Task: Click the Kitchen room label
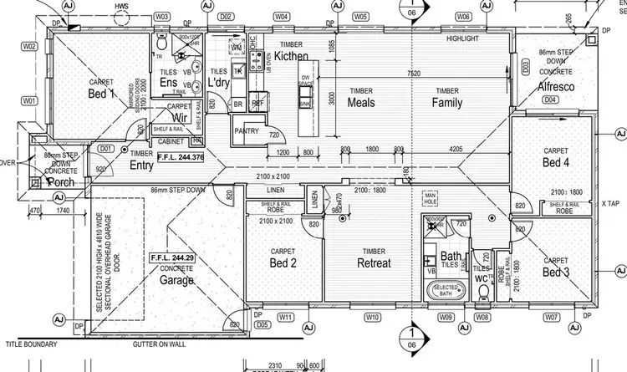[292, 56]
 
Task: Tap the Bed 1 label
[100, 94]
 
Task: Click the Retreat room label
[373, 262]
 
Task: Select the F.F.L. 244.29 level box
[171, 259]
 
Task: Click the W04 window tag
[282, 16]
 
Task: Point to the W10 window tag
[372, 318]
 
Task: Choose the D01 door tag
[105, 148]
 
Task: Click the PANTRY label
[247, 130]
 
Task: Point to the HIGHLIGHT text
[462, 39]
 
